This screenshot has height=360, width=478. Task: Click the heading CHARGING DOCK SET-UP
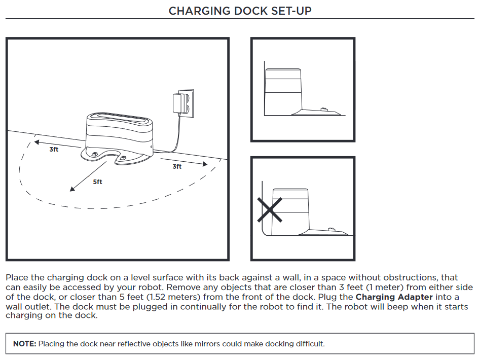tap(239, 11)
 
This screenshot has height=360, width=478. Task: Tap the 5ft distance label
tap(97, 182)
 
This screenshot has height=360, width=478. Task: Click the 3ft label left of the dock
tap(54, 150)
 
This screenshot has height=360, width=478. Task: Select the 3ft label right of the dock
tap(177, 166)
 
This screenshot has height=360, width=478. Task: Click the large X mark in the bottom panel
tap(270, 209)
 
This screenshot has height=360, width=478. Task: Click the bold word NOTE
tap(24, 344)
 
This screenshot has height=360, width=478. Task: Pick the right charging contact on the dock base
tap(122, 158)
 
